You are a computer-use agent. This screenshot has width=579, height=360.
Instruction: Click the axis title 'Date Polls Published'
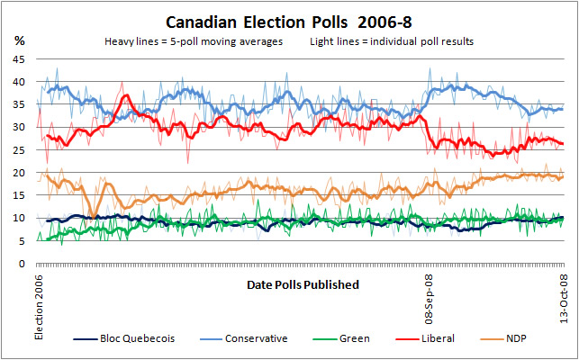pyautogui.click(x=302, y=284)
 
